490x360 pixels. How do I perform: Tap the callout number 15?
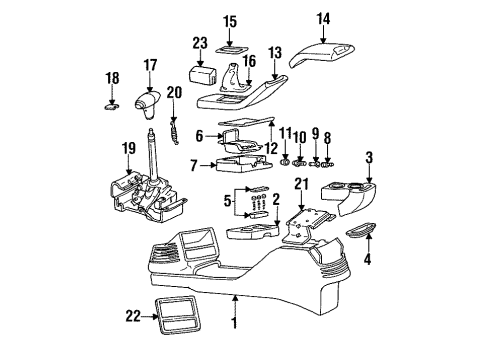click(230, 21)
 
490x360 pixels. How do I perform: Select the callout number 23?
click(199, 42)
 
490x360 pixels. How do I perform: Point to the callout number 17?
click(151, 66)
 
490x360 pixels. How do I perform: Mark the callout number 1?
click(234, 325)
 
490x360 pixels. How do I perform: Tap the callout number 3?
click(369, 156)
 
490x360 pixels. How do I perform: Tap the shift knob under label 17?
click(151, 104)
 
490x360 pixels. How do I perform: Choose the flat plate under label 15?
click(230, 46)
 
